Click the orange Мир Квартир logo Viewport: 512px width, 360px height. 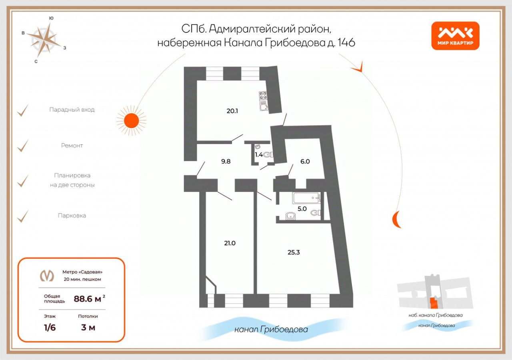[x=455, y=36]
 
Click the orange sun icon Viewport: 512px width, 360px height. [x=131, y=120]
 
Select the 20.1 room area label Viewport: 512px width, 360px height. [x=232, y=111]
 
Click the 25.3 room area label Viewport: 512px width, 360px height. [x=294, y=252]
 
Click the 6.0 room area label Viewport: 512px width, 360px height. [x=305, y=161]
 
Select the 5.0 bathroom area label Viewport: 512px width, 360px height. [x=302, y=208]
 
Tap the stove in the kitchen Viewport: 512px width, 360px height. [x=264, y=96]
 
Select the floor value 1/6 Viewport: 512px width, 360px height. [x=50, y=328]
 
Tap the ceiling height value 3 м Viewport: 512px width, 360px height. [x=88, y=328]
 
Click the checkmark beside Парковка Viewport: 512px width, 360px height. [x=23, y=216]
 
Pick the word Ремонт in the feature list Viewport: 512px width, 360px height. [x=72, y=146]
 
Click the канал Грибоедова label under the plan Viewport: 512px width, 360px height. [x=271, y=330]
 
